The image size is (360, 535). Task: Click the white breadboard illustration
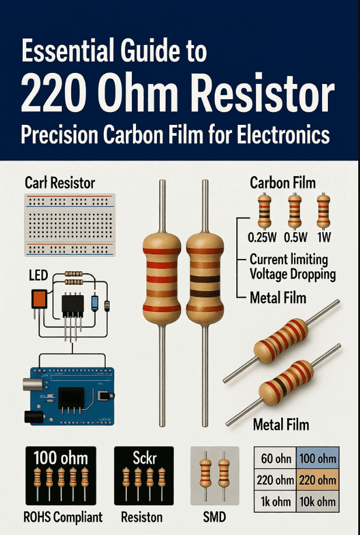(70, 225)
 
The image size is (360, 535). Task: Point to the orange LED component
(39, 299)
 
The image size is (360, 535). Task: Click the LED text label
(39, 275)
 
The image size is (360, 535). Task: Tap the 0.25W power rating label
(262, 237)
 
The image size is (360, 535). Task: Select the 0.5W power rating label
(296, 237)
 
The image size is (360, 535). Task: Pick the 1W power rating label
(323, 237)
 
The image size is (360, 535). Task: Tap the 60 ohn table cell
(276, 459)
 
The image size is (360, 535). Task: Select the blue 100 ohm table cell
(317, 459)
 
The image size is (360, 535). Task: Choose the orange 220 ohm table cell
(317, 480)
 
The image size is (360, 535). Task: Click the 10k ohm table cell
(317, 501)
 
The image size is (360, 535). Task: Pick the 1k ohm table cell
(276, 501)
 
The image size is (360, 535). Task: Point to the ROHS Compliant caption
(63, 517)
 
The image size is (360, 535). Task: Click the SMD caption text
(214, 517)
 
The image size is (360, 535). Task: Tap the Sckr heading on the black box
(144, 458)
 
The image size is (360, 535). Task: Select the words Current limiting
(289, 260)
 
